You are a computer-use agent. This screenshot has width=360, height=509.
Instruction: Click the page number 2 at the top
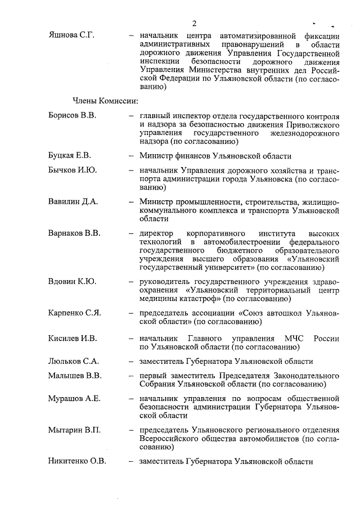pos(193,23)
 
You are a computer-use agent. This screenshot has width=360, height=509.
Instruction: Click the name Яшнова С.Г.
pos(71,35)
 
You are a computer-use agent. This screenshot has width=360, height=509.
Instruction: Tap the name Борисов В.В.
pos(73,115)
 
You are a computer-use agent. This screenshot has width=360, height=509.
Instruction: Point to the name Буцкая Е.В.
pos(70,156)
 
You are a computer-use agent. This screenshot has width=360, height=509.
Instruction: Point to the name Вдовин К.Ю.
pos(72,281)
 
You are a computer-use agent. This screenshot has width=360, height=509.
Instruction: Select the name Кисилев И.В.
pos(73,339)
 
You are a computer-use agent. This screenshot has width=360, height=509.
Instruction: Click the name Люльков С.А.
pos(73,361)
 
